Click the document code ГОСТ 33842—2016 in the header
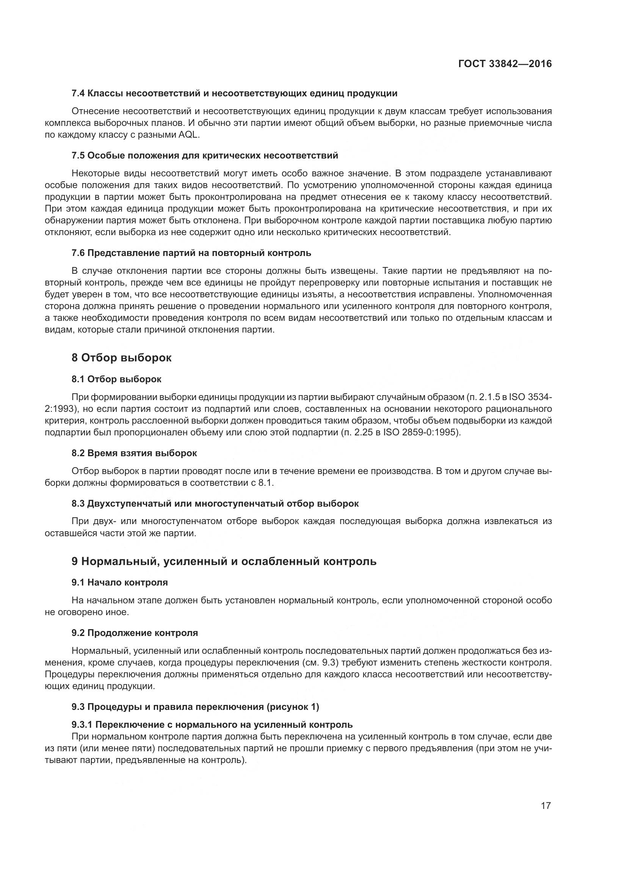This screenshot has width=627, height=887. click(505, 64)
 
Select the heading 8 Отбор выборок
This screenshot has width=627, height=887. click(122, 358)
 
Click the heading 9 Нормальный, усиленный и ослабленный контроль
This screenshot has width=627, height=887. click(224, 561)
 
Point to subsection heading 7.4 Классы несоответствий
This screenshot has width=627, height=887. click(234, 93)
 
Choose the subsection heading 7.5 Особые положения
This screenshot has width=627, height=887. click(205, 155)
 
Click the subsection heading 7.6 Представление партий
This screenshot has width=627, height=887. click(191, 253)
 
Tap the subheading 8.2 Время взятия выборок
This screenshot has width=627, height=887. click(134, 453)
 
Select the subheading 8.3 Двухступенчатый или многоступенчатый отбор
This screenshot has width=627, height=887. click(215, 503)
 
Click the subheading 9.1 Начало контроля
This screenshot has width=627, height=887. click(120, 582)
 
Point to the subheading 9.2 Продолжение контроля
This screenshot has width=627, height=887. click(135, 633)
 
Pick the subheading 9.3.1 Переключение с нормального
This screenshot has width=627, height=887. click(212, 724)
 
